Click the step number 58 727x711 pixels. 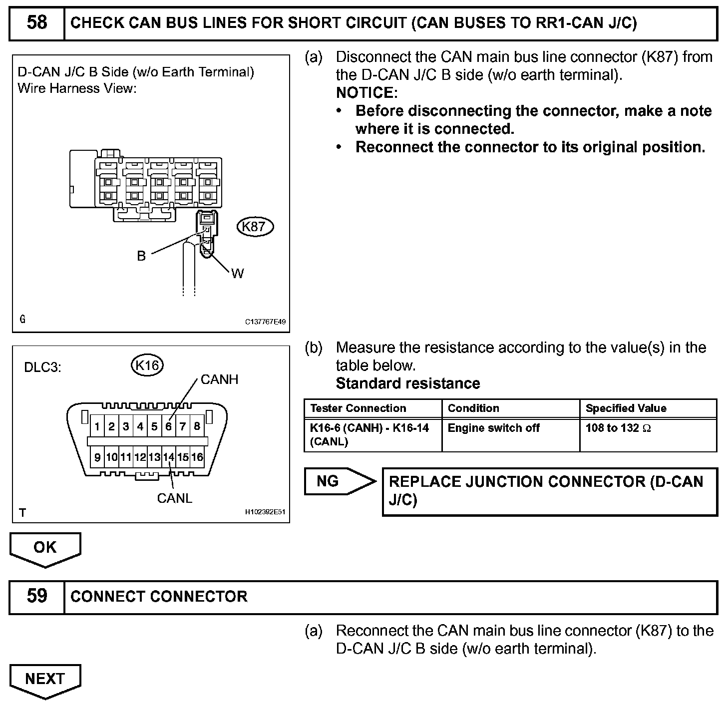(x=37, y=22)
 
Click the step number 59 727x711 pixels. (x=37, y=596)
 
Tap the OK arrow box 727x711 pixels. (x=45, y=548)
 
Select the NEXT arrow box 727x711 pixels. (x=45, y=679)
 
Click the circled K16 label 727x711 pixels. (x=147, y=365)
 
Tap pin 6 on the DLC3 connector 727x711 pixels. (x=169, y=426)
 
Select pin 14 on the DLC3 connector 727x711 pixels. (x=169, y=457)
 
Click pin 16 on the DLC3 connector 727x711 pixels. (x=197, y=457)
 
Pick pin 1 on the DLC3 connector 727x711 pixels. (x=97, y=426)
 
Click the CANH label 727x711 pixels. (x=219, y=379)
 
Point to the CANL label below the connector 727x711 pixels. (x=174, y=498)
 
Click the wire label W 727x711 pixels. (x=237, y=273)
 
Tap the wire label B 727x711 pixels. (x=141, y=256)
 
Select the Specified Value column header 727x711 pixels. (x=626, y=408)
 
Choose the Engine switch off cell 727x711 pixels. (x=493, y=428)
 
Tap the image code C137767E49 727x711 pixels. (x=265, y=322)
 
